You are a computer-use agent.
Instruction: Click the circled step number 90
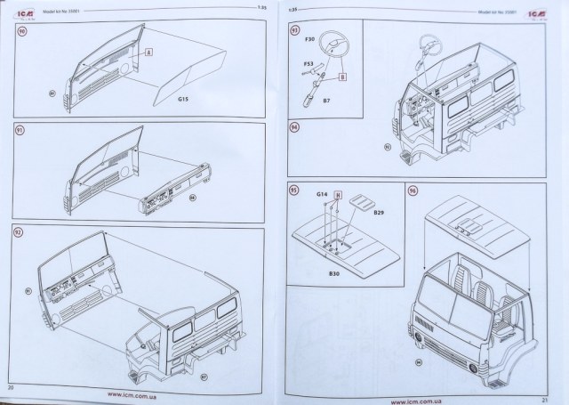pos(22,31)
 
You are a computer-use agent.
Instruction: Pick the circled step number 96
pos(412,191)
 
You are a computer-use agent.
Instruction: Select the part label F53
pos(308,65)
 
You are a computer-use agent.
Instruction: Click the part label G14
pos(320,191)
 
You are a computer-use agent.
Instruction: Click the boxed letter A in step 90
pos(149,53)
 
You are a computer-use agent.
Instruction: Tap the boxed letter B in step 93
pos(341,77)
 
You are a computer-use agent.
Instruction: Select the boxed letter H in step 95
pos(337,207)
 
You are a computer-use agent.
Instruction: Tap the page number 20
pos(12,389)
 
